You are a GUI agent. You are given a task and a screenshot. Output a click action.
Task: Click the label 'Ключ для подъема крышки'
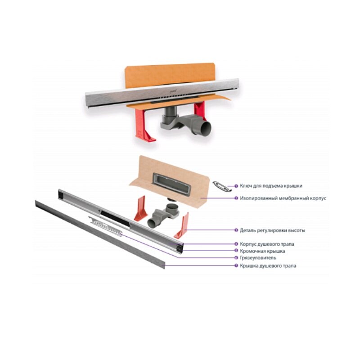pos(271,186)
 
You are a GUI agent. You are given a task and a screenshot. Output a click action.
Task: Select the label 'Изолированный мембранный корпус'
pos(283,198)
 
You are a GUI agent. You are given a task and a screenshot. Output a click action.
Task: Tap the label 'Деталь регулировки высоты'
pos(273,230)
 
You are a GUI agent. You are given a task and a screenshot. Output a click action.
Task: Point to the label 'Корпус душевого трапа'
pos(267,244)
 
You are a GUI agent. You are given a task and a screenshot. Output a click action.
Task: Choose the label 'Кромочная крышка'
pos(262,251)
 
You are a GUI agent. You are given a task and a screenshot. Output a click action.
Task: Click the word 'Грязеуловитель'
pos(258,258)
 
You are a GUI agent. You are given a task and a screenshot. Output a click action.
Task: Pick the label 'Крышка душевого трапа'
pos(268,265)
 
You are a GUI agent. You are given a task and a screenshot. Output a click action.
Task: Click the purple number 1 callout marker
pos(236,186)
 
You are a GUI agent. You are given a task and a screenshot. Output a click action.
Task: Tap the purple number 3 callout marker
pos(236,230)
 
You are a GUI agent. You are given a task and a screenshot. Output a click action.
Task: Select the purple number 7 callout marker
pos(236,265)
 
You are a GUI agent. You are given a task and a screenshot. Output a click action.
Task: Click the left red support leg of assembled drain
pos(144,125)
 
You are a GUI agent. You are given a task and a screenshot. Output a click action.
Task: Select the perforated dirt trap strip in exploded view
pos(106,226)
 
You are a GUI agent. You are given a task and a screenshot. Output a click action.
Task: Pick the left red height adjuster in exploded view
pos(139,208)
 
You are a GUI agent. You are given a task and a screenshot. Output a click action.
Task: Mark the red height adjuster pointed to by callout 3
pos(182,226)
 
